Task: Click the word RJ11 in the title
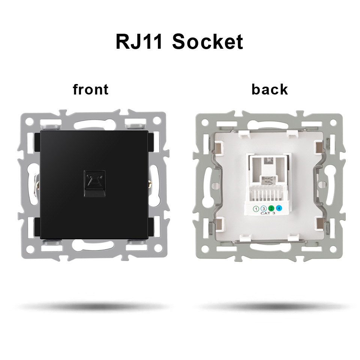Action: coord(139,42)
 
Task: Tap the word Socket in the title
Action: coord(207,42)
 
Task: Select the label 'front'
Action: coord(90,90)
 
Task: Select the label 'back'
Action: coord(270,90)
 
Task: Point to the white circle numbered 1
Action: coord(256,208)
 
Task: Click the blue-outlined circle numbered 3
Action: coord(264,208)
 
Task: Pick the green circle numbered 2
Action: coord(271,208)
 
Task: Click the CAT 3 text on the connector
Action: coord(267,214)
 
